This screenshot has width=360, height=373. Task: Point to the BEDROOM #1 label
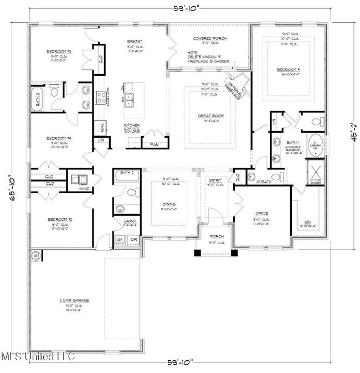(x=289, y=70)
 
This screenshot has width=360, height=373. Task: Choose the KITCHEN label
(x=132, y=125)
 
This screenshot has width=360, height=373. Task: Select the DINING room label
(x=169, y=204)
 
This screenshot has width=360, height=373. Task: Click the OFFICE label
(x=262, y=213)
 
